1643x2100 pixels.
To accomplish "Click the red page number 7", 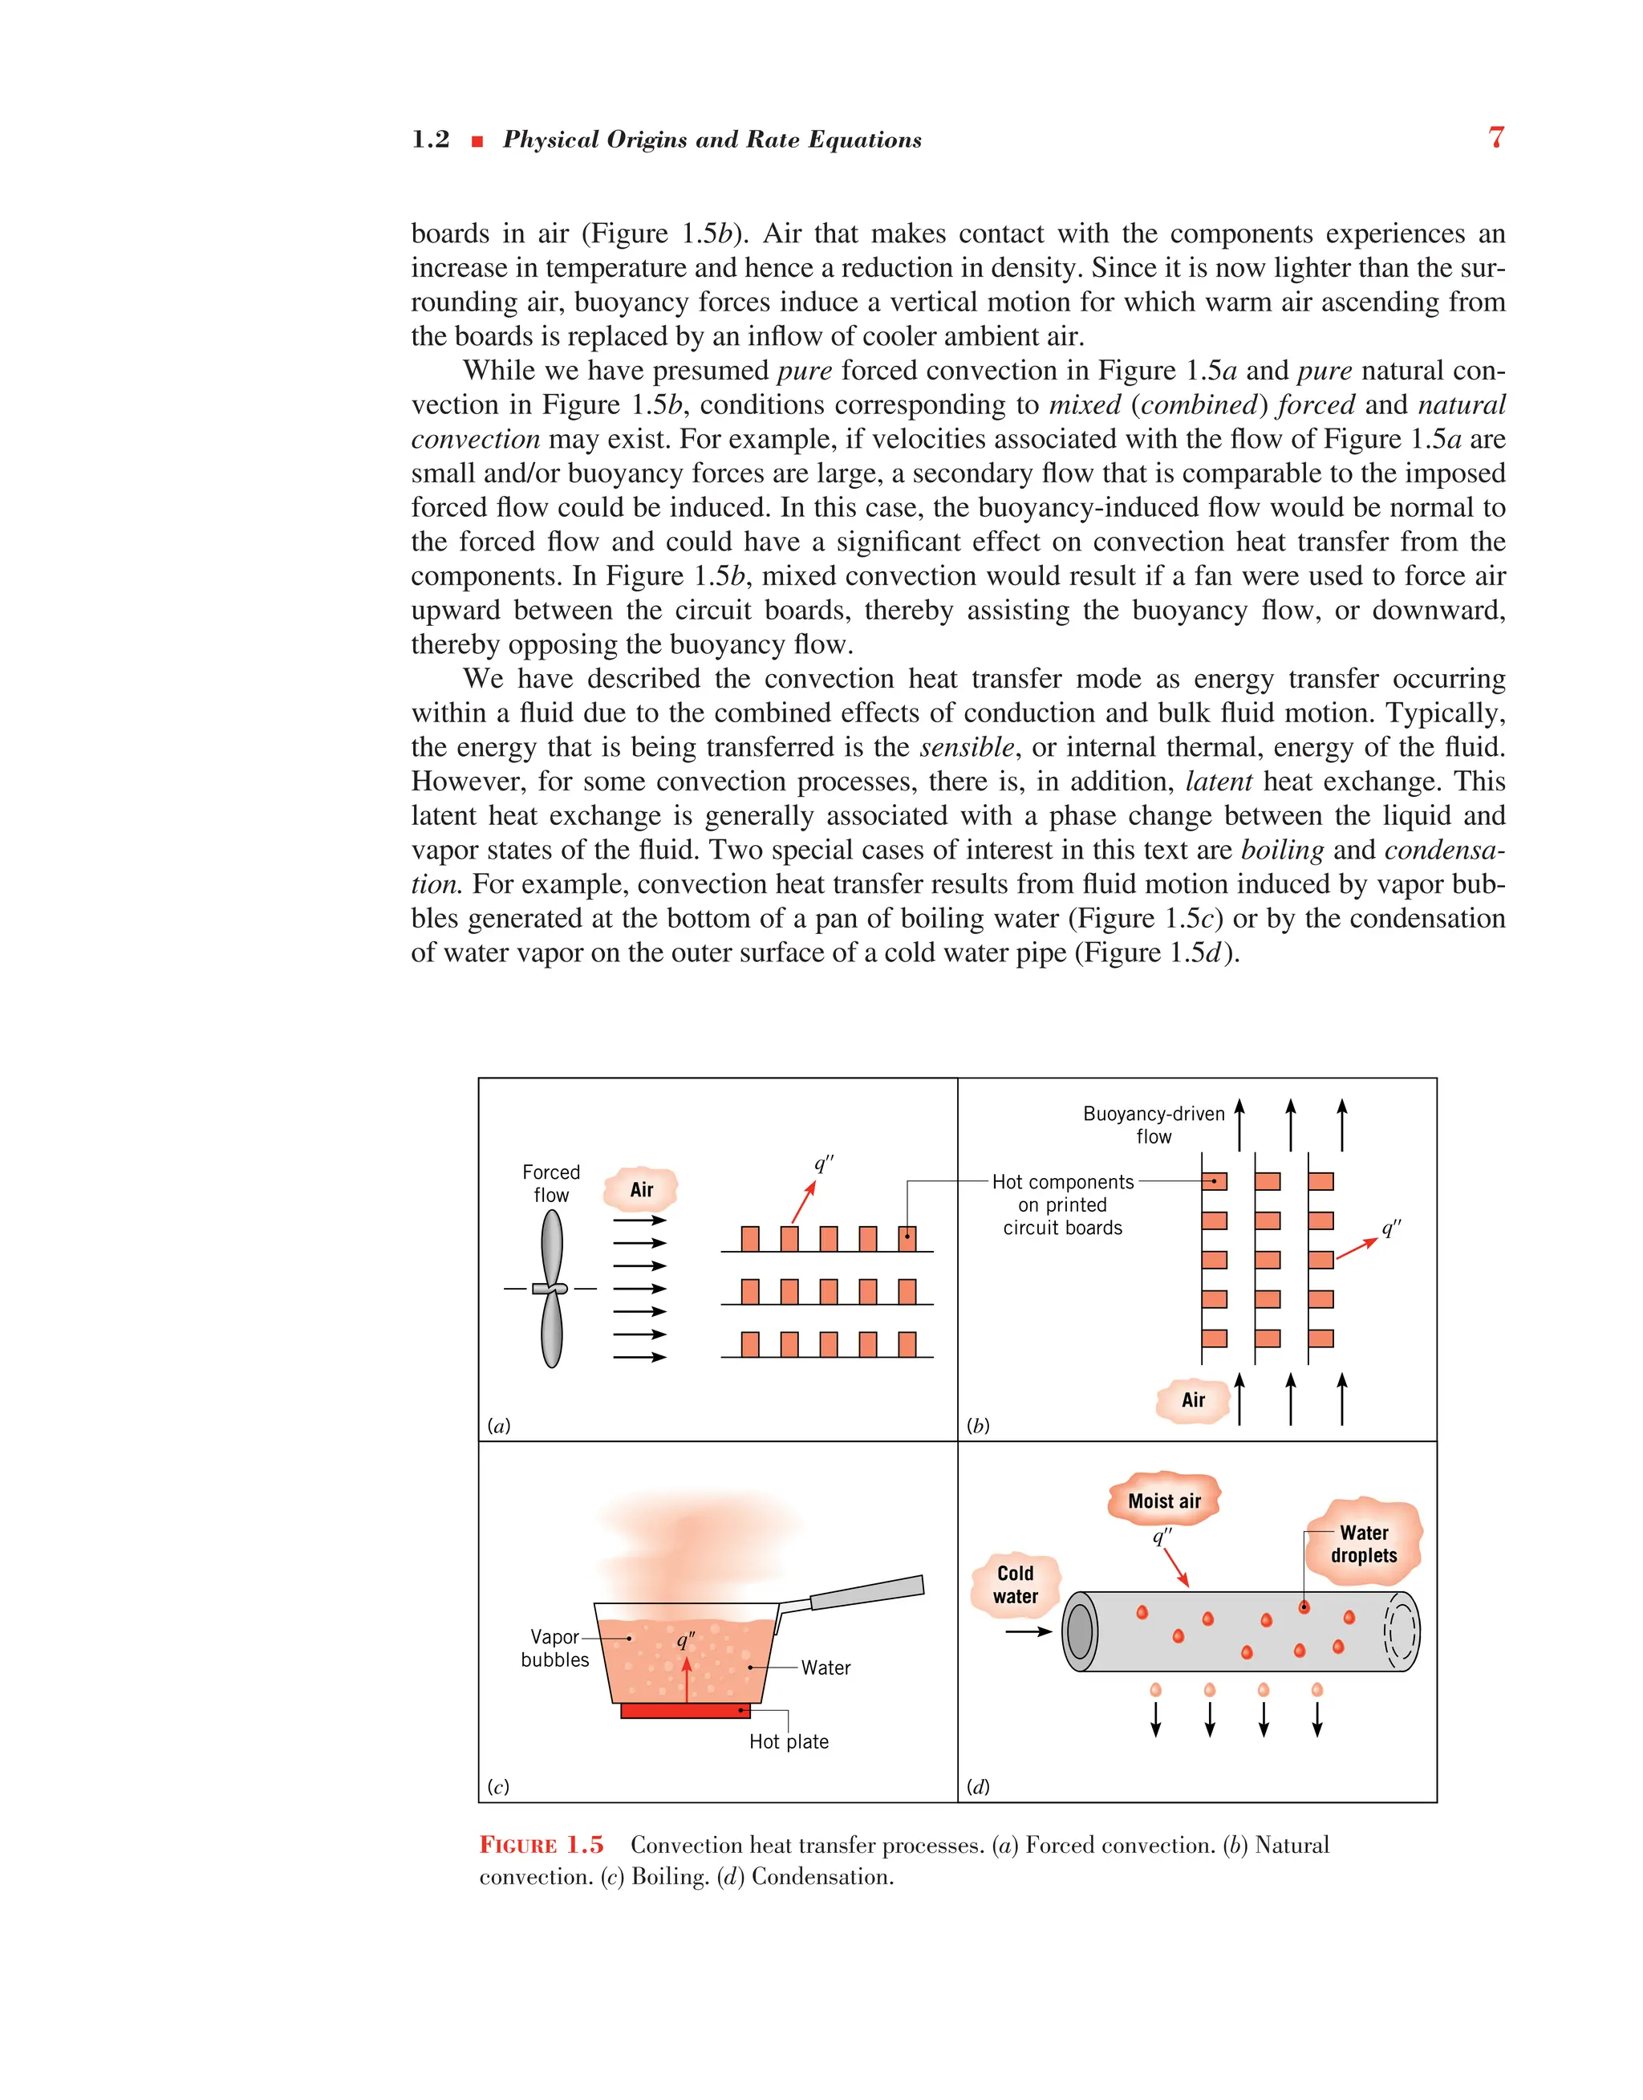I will [x=1496, y=137].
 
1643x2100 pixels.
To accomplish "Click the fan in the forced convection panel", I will [x=551, y=1288].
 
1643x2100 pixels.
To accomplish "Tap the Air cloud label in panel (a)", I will [x=641, y=1190].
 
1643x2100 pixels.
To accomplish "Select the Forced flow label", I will [x=551, y=1184].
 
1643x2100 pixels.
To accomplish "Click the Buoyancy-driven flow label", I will [x=1154, y=1124].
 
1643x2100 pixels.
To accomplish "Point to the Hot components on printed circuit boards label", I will [x=1062, y=1204].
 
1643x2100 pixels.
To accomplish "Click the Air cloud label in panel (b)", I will [x=1193, y=1399].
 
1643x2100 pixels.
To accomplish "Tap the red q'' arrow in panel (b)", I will [x=1357, y=1249].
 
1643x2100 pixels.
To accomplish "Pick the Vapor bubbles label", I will [x=555, y=1648].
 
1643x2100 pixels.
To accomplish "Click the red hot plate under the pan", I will [x=685, y=1710].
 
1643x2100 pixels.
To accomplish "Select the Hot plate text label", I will [x=789, y=1741].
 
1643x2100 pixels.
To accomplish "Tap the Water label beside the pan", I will [x=826, y=1667].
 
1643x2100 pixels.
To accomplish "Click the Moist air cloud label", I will [x=1164, y=1501].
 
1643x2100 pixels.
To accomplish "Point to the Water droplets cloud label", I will [x=1363, y=1543].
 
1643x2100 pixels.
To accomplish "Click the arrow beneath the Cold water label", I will [x=1028, y=1631].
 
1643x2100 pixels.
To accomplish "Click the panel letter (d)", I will [x=978, y=1786].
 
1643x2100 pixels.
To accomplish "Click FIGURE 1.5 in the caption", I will [x=542, y=1845].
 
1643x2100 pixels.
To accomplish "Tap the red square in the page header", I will [x=477, y=141].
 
